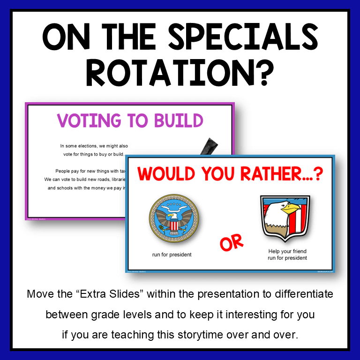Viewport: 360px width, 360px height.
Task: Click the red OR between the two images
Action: coord(232,242)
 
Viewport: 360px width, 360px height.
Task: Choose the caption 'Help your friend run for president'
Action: coord(287,254)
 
